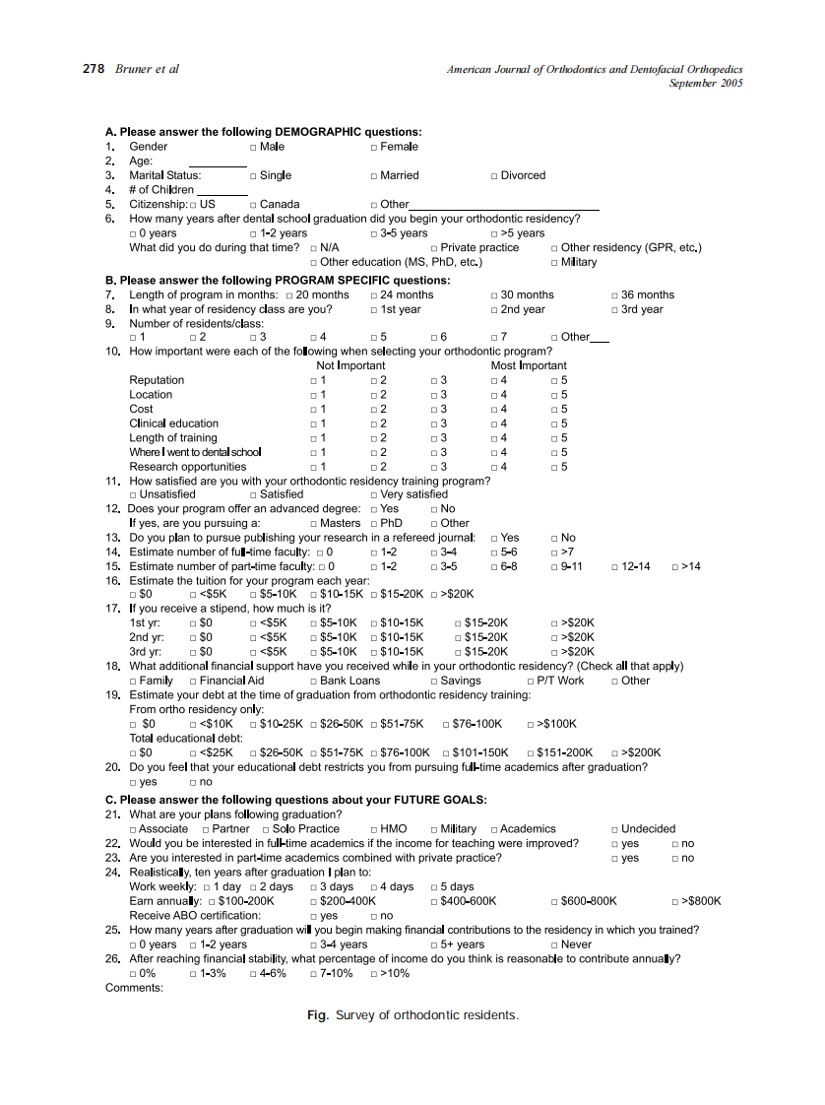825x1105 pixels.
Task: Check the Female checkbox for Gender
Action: coord(374,147)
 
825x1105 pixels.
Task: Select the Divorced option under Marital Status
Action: coord(494,176)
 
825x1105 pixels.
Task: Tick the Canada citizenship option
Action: coord(253,205)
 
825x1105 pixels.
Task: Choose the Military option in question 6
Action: coord(555,263)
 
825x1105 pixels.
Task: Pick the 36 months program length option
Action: coord(615,295)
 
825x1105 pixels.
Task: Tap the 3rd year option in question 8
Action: coord(615,309)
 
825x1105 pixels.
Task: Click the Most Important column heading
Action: coord(529,365)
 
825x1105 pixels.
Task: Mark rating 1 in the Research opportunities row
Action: coord(313,467)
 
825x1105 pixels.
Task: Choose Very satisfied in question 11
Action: coord(374,494)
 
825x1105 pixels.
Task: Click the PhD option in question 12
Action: coord(374,524)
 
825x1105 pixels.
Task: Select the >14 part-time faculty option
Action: coord(675,567)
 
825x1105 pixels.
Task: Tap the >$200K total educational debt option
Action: coord(615,753)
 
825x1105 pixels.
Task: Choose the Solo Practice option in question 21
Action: coord(265,830)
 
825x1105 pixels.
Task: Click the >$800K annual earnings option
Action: coord(675,901)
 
